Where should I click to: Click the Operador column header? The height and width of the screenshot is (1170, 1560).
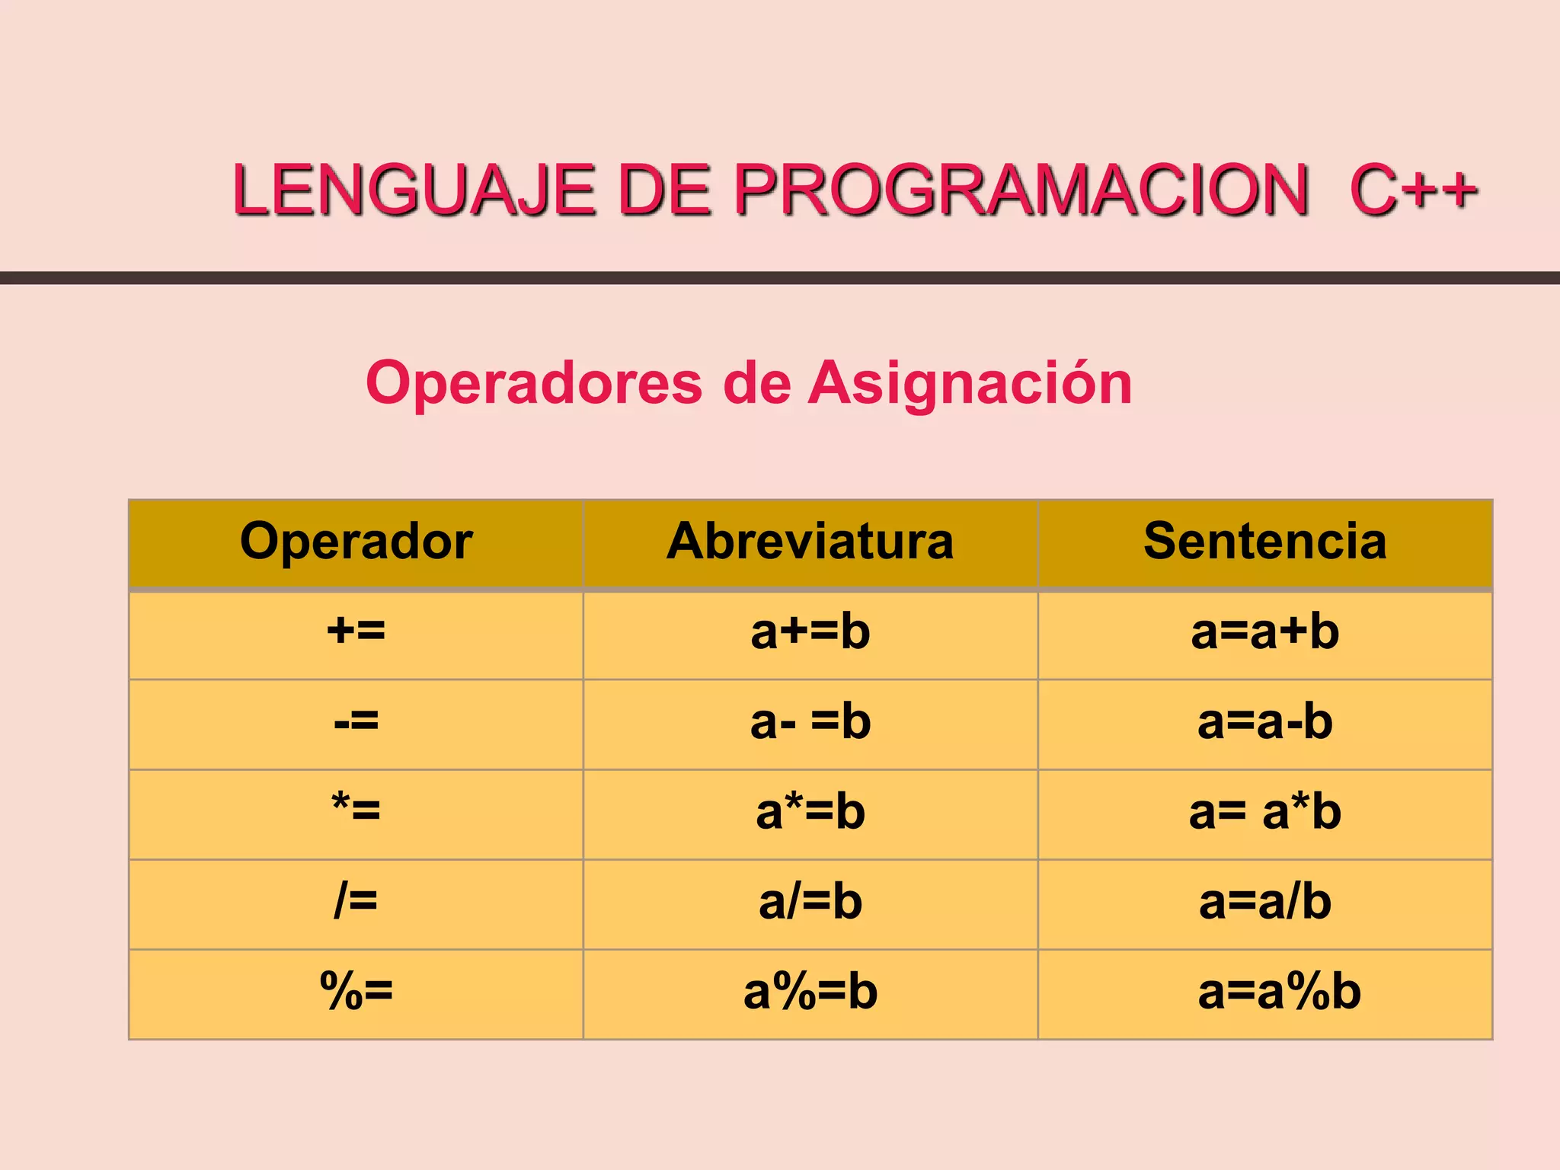[356, 542]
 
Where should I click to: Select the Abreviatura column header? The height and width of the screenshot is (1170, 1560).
[810, 542]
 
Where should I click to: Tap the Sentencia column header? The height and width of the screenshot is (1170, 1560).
[1264, 542]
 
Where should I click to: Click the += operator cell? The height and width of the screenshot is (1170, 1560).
[356, 631]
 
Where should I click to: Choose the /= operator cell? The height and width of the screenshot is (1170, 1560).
[356, 901]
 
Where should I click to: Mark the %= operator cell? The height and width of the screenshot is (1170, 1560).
[356, 991]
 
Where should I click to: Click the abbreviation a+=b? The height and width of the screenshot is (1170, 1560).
[810, 631]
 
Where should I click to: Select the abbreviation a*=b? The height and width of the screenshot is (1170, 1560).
[810, 811]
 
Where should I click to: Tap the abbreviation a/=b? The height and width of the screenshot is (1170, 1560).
[810, 901]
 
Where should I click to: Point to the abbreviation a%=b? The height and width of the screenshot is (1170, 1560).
[810, 991]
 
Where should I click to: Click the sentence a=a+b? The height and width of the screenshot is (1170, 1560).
[1264, 631]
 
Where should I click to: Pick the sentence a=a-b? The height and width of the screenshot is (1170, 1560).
[1264, 721]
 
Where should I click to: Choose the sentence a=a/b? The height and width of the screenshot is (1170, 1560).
[1264, 901]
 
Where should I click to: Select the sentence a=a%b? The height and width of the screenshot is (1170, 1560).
[1279, 991]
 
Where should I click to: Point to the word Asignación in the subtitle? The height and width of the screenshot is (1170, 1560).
[970, 383]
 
